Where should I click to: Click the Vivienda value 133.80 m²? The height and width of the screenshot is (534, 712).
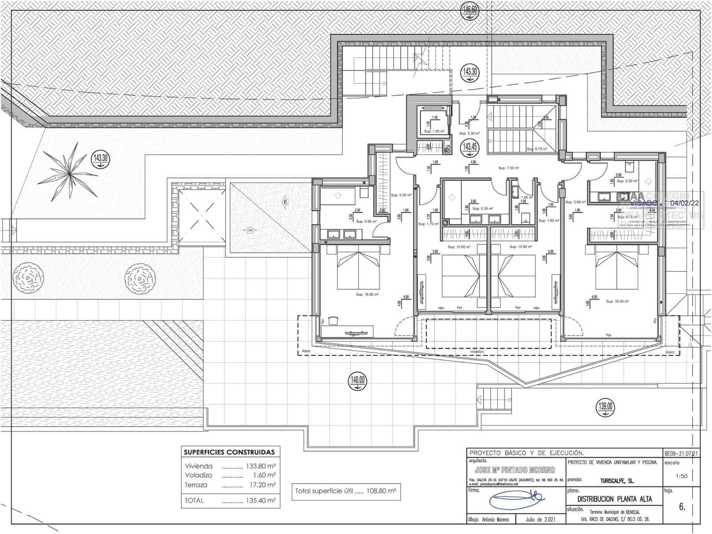pos(261,466)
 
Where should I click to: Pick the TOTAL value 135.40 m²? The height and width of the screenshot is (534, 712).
pos(261,500)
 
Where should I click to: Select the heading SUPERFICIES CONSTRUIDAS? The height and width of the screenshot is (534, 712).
pos(229,452)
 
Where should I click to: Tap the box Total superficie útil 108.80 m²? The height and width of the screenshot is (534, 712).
pos(345,491)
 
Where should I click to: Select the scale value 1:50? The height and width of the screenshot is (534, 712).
pos(681,476)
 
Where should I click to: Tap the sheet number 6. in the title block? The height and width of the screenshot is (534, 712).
pos(682,507)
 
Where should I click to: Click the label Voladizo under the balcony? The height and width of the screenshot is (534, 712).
pos(477,352)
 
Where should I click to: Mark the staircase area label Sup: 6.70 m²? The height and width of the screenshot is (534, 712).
pos(536,149)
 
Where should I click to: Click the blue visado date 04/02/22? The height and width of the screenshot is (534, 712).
pos(684,203)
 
